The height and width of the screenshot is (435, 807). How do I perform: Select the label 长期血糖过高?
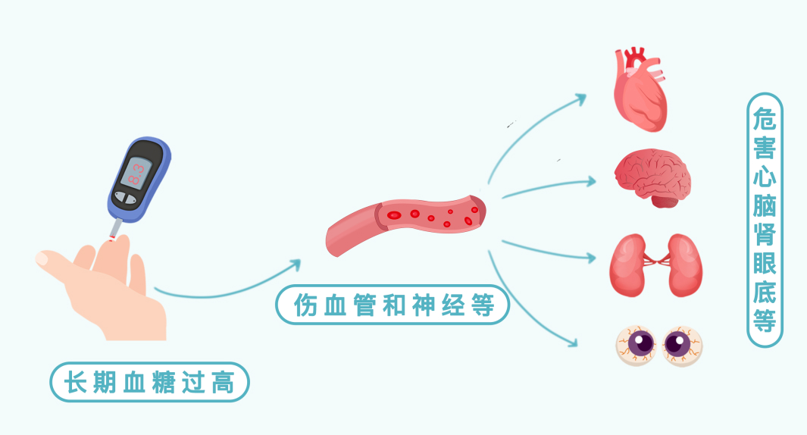pos(149,382)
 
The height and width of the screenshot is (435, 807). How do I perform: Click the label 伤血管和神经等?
pos(391,305)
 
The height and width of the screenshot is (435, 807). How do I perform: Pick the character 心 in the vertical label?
pos(765,177)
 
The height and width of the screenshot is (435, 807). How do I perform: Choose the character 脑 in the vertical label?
pos(765,205)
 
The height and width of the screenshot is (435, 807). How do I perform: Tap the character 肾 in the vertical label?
pos(765,234)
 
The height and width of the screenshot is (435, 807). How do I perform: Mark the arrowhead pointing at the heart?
pos(581,98)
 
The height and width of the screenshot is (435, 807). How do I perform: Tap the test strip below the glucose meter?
pos(115,228)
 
